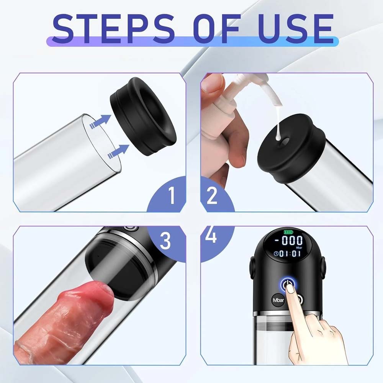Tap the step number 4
point(211,237)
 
